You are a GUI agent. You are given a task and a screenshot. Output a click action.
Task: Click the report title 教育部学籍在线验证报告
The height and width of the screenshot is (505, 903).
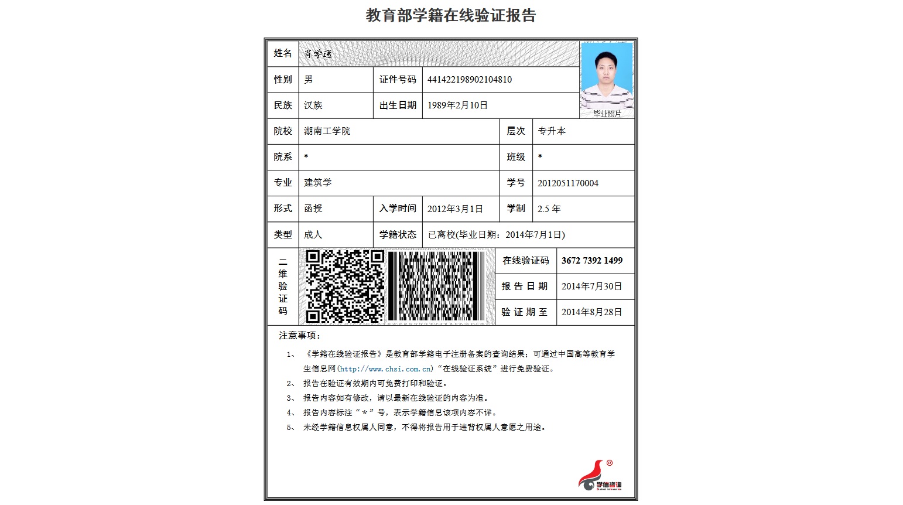click(x=450, y=15)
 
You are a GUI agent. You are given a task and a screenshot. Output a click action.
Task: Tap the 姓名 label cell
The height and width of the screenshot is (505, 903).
click(x=283, y=53)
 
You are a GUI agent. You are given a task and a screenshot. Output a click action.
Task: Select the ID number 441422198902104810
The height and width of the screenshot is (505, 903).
click(x=470, y=80)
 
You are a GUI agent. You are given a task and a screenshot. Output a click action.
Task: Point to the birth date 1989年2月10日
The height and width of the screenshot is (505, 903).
click(x=457, y=105)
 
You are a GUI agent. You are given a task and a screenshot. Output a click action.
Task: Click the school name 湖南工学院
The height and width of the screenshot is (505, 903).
click(x=327, y=131)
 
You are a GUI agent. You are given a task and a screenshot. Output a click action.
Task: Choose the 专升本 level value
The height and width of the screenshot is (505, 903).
click(x=552, y=131)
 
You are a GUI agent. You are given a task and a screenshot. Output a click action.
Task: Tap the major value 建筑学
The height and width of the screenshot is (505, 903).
click(x=317, y=183)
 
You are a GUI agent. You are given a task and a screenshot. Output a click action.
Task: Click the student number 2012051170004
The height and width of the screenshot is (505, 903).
click(x=568, y=183)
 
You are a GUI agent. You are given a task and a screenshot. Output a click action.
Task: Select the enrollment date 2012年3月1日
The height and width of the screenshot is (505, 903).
click(x=455, y=209)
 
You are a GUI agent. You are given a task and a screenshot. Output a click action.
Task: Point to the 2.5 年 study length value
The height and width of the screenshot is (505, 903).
click(x=549, y=209)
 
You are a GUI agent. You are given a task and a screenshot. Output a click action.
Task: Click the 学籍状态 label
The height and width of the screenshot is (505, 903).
click(x=398, y=235)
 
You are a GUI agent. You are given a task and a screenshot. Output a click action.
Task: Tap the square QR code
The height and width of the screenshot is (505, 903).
click(x=344, y=286)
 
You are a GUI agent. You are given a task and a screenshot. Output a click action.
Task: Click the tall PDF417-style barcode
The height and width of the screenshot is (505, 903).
click(x=436, y=286)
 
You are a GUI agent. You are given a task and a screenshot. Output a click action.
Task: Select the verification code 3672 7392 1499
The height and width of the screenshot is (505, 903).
click(x=592, y=261)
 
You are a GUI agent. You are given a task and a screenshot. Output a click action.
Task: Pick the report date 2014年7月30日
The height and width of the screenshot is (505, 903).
click(x=591, y=286)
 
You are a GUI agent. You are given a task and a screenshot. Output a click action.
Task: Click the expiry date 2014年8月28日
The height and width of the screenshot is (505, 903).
click(x=591, y=312)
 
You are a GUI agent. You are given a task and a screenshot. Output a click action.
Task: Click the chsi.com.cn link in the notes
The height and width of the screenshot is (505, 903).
click(x=385, y=369)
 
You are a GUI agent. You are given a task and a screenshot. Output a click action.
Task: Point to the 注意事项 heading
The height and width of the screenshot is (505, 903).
click(x=299, y=336)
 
